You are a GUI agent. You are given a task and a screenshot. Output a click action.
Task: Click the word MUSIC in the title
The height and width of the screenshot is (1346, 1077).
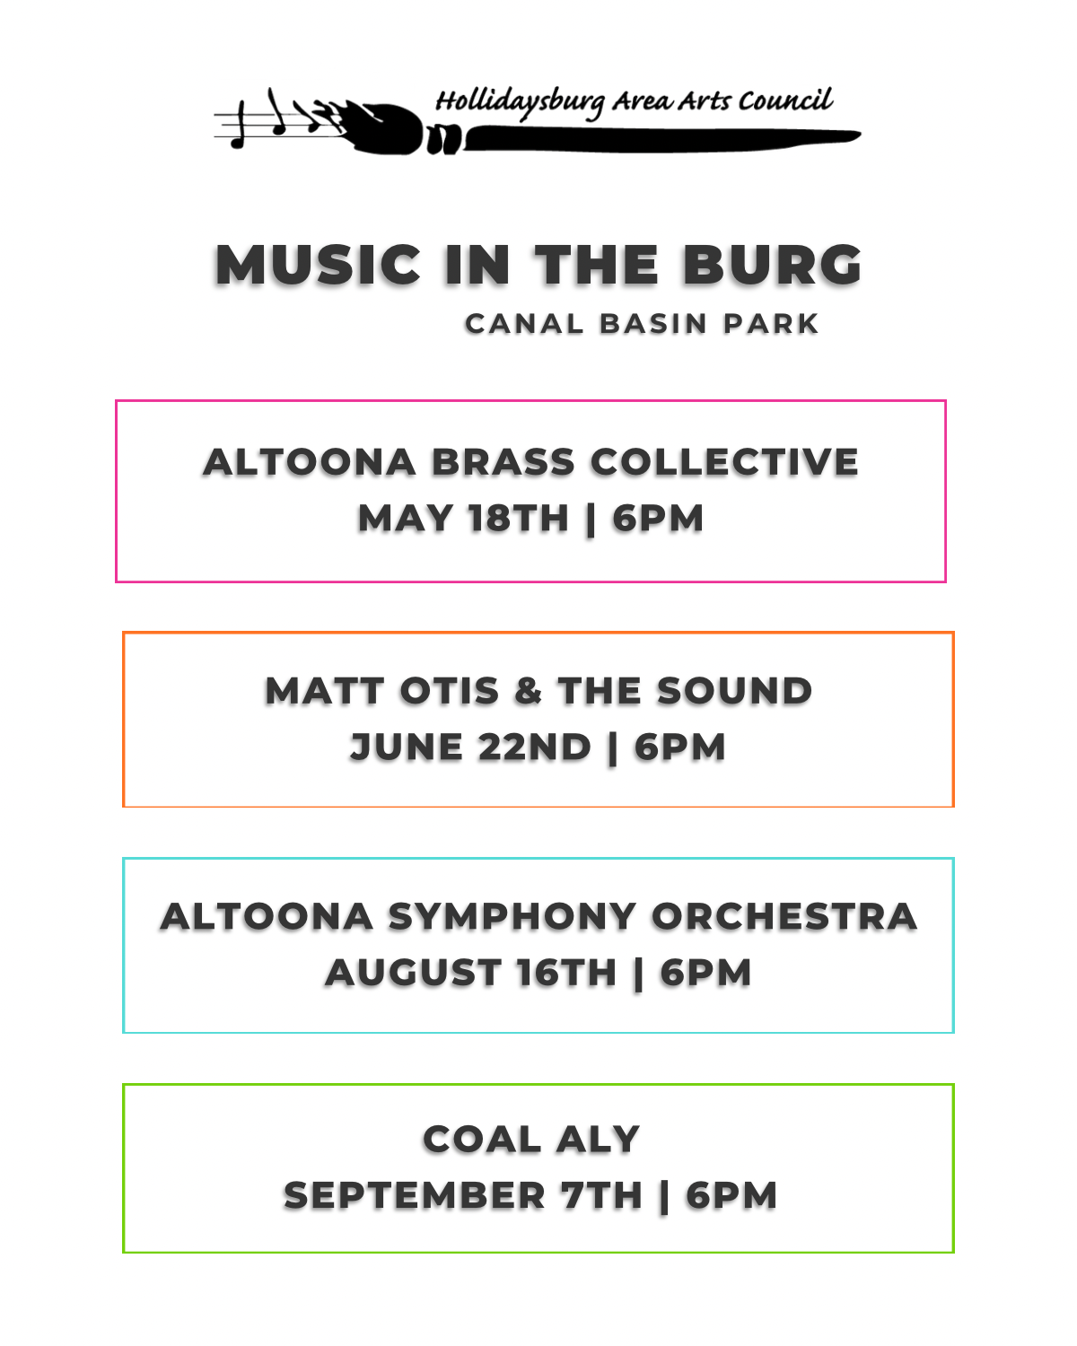coord(318,265)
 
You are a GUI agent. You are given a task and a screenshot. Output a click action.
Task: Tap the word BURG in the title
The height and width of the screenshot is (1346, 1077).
coord(773,265)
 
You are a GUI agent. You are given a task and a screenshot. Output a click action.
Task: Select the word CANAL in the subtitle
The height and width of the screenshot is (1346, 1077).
coord(524,324)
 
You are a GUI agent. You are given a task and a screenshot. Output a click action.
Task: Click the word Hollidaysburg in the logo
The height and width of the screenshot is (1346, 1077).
coord(521,101)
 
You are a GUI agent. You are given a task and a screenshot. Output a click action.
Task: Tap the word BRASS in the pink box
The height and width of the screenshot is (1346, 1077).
coord(503,462)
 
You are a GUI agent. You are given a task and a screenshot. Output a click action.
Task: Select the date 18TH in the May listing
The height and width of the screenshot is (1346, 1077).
coord(518,518)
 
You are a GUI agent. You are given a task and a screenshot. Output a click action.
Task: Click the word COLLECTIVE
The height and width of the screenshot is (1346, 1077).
coord(724,462)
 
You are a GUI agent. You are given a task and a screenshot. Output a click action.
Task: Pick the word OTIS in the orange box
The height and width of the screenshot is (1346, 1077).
coord(450,691)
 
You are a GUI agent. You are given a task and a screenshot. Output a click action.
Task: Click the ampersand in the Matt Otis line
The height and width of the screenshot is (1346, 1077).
coord(528,691)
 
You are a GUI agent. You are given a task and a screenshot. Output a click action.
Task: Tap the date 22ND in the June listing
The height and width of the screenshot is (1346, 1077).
coord(534,747)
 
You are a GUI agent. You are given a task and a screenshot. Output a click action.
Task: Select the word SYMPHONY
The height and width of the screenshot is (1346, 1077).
coord(512,916)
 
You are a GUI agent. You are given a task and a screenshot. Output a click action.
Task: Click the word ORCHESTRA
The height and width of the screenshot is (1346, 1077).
coord(784,916)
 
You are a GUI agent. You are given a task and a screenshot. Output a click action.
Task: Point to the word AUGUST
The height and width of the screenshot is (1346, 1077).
coord(413,973)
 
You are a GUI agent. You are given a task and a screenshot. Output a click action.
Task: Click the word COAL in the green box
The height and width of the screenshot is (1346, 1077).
coord(482,1139)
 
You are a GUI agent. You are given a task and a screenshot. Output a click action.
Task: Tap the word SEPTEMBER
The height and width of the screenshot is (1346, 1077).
coord(415,1195)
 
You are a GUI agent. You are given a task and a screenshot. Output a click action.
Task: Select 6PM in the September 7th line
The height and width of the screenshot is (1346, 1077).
coord(731,1195)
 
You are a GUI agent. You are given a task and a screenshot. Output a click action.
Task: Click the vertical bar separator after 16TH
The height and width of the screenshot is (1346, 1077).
coord(638,975)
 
